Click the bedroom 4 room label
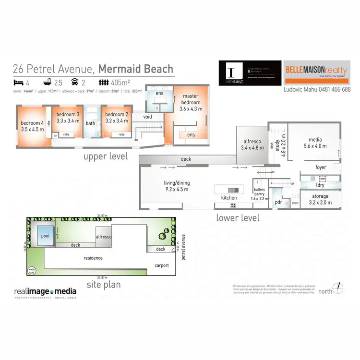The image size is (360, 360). [32, 126]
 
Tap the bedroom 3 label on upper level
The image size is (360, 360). [68, 118]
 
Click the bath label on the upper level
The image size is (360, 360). [90, 123]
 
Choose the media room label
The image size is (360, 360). [312, 143]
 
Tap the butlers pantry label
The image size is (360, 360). [262, 193]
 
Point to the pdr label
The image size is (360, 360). [278, 202]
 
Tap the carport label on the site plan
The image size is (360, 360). [161, 266]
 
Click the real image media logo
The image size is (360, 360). [45, 292]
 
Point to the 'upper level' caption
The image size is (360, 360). [106, 156]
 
